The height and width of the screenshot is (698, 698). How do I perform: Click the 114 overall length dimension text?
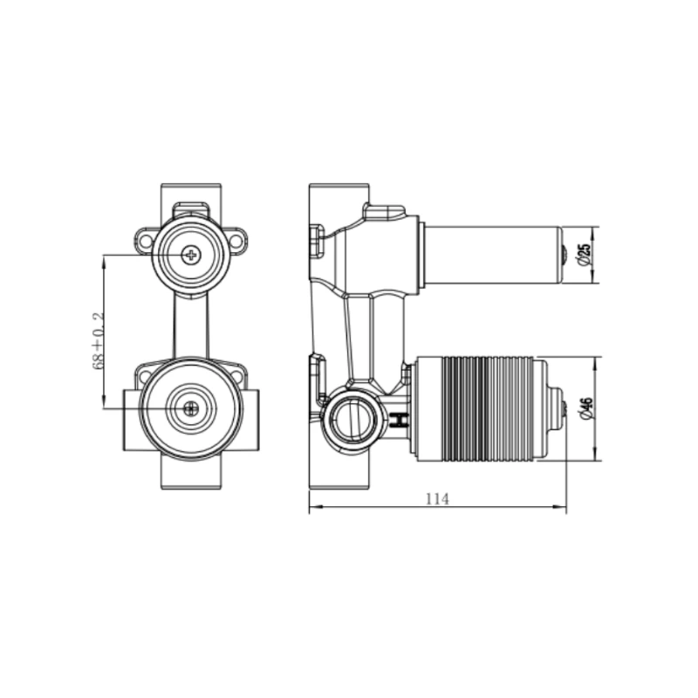pyautogui.click(x=438, y=499)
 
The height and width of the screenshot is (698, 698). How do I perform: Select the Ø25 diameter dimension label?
pyautogui.click(x=585, y=256)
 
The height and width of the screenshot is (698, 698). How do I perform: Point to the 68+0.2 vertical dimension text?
pyautogui.click(x=98, y=340)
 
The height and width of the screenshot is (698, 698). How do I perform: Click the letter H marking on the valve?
pyautogui.click(x=400, y=421)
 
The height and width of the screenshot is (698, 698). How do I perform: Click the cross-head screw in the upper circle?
pyautogui.click(x=191, y=255)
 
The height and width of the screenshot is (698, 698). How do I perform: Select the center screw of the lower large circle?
pyautogui.click(x=191, y=407)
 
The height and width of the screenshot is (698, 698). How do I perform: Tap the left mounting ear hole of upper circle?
pyautogui.click(x=146, y=241)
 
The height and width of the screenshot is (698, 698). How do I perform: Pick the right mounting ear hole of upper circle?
pyautogui.click(x=236, y=241)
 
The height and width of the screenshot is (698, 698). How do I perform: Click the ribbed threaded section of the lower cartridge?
pyautogui.click(x=487, y=409)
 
